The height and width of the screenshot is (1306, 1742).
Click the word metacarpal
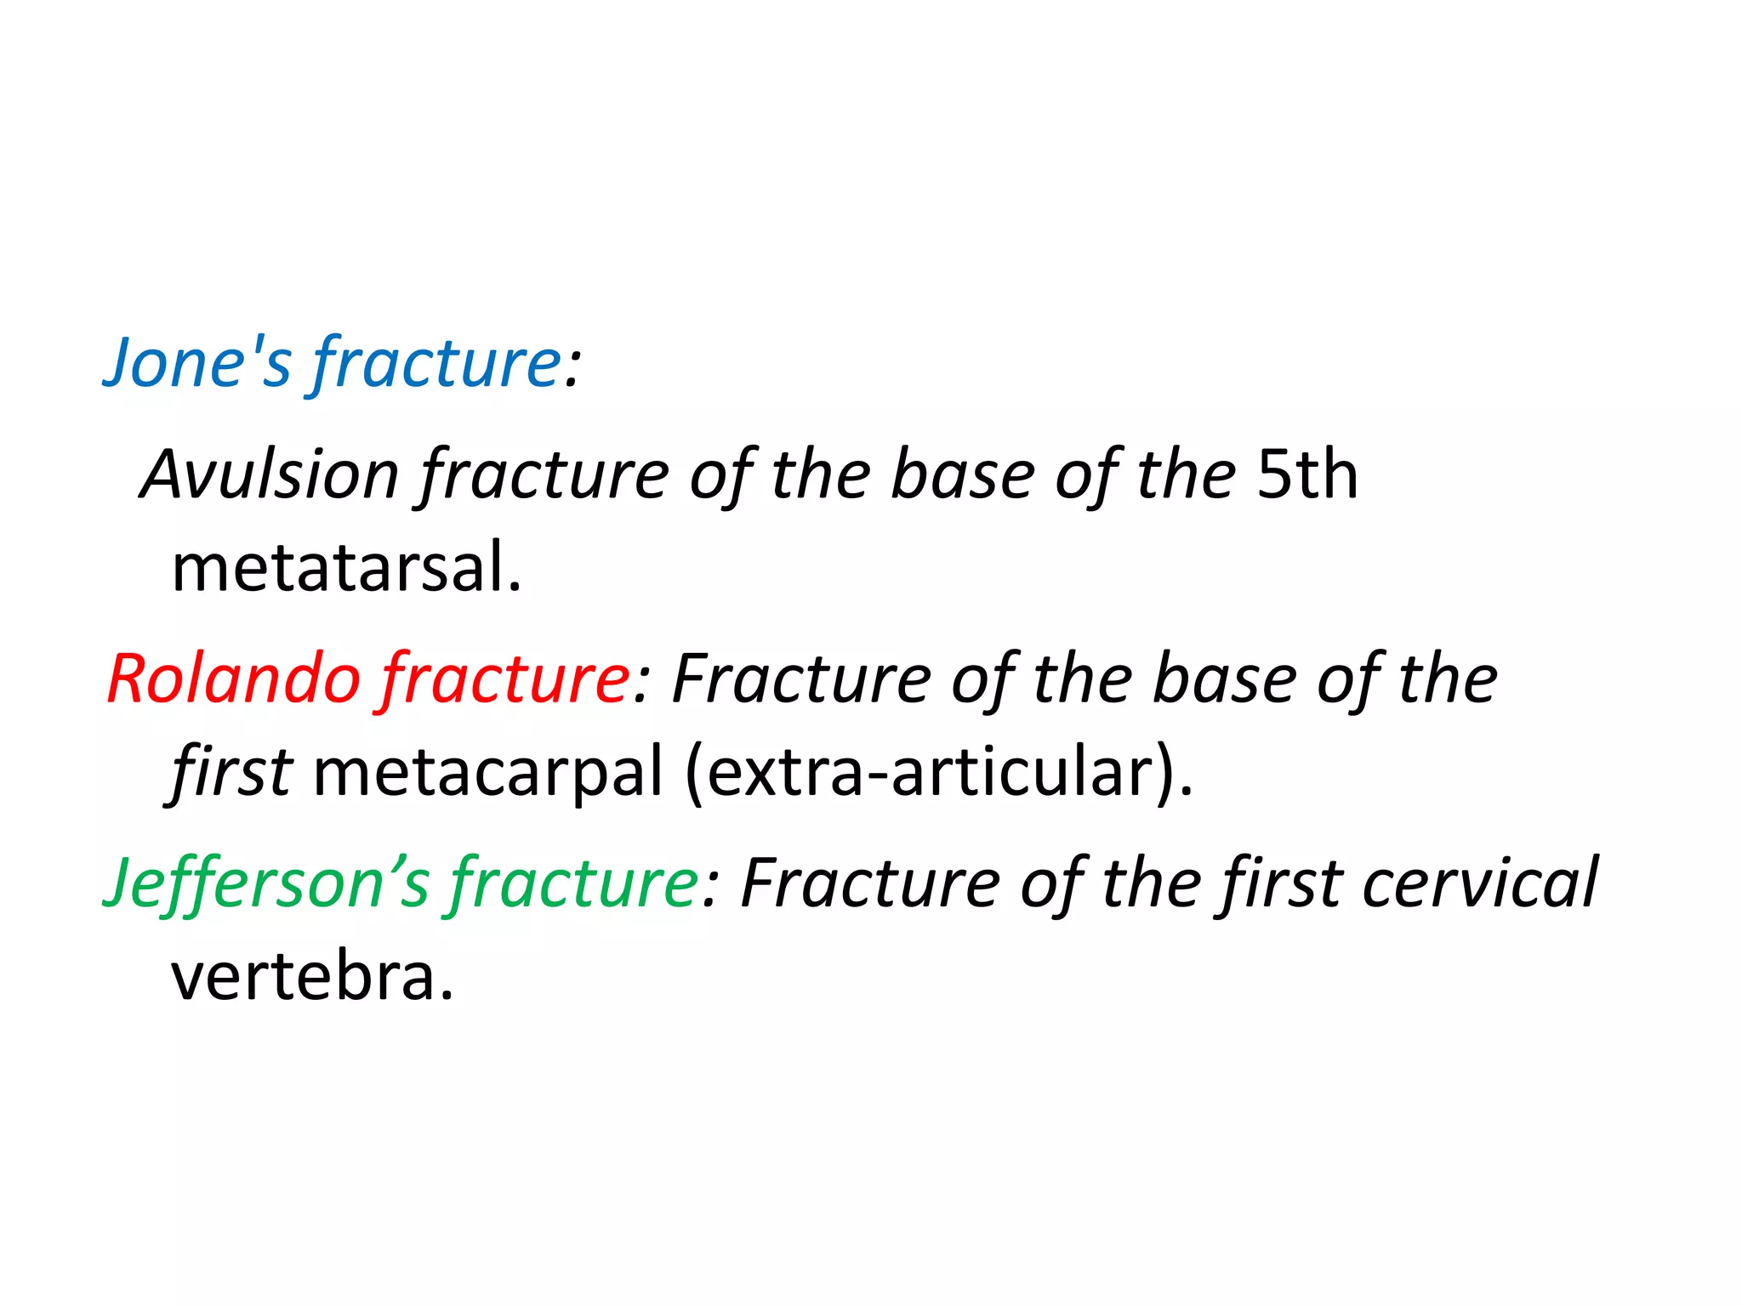point(487,772)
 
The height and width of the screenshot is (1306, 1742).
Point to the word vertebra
point(311,976)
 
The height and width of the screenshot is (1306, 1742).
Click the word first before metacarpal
point(231,772)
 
